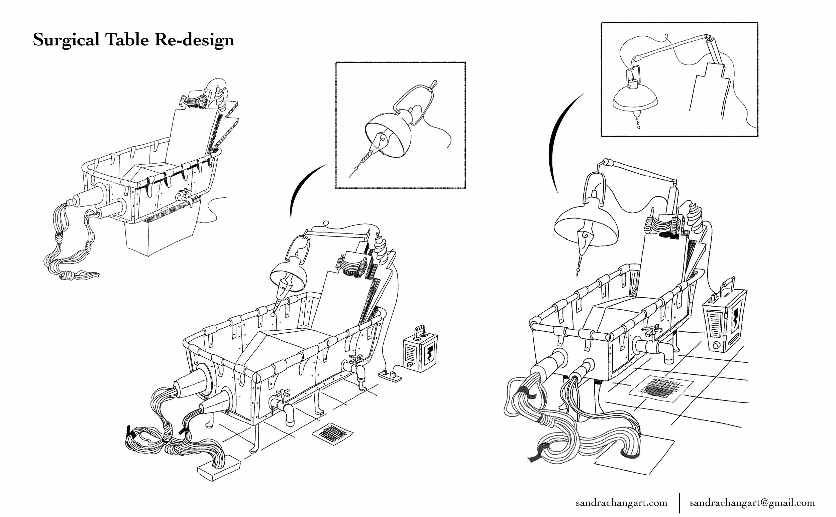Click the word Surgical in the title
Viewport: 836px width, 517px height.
(67, 40)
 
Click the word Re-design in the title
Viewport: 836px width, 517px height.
(194, 40)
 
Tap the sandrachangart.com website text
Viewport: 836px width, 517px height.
(621, 503)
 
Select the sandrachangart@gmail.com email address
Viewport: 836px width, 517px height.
(752, 503)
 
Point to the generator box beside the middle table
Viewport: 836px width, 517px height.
(420, 353)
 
